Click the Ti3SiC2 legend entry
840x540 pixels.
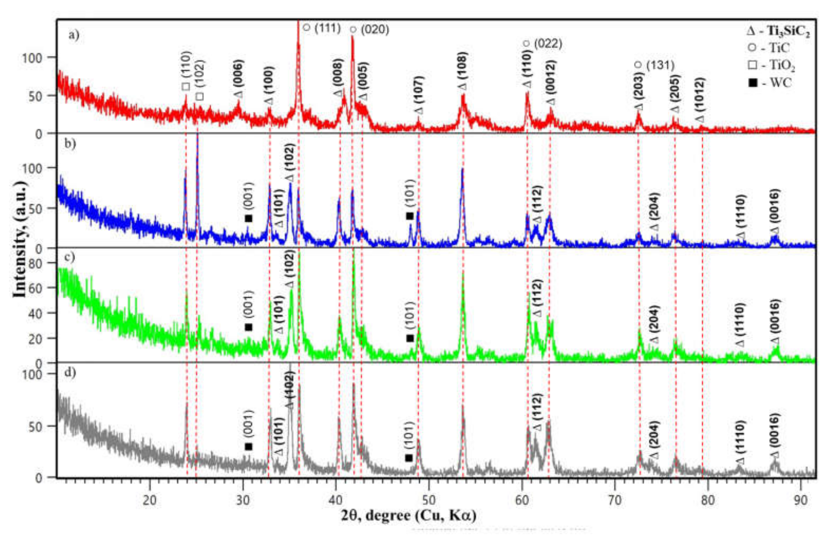[x=778, y=31]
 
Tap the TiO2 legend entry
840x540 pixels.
[x=771, y=65]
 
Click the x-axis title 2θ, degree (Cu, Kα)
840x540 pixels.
[x=408, y=515]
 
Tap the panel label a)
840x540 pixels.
[x=74, y=35]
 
